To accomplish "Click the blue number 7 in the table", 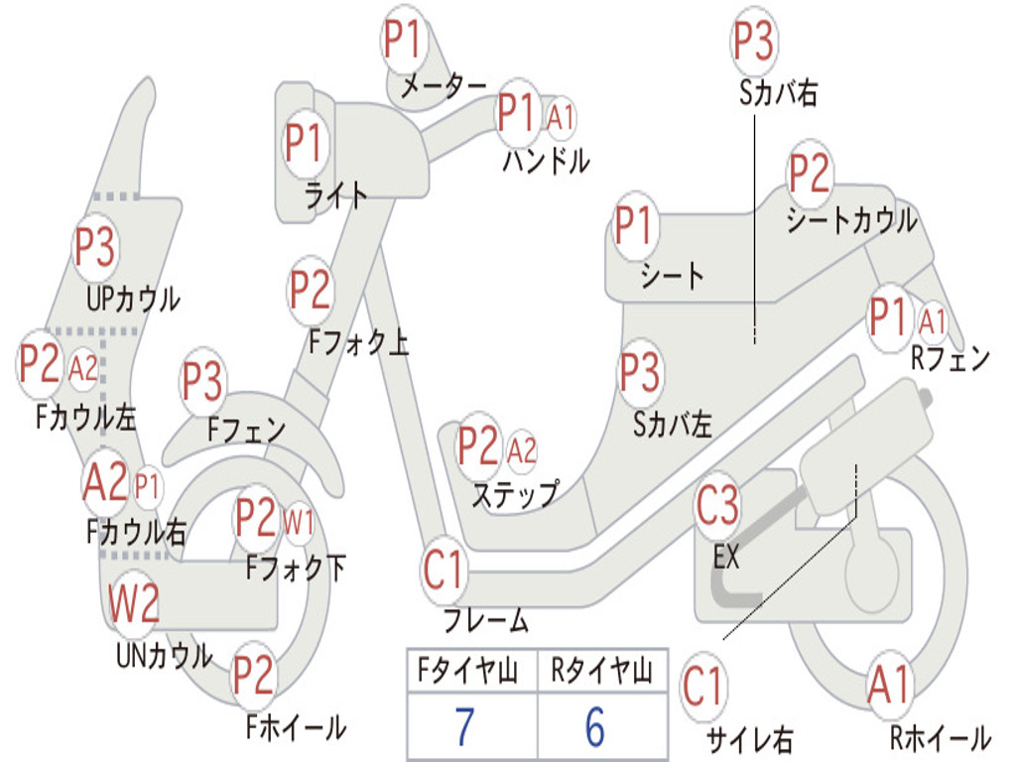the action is point(464,725).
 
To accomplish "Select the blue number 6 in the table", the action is point(595,725).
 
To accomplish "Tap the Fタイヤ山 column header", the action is point(468,670).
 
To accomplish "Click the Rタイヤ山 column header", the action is point(601,670).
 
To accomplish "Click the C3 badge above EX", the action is point(717,505).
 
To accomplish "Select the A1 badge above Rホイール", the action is point(890,685).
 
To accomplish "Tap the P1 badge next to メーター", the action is point(404,40).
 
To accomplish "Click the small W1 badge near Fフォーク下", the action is point(299,521).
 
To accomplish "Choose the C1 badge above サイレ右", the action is point(703,687).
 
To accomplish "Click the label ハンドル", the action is point(547,162).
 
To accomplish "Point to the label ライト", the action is point(335,195).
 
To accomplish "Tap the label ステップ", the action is point(515,494).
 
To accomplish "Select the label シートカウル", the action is point(850,220).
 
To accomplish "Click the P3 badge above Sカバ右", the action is point(754,41).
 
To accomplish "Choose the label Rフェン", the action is point(950,358).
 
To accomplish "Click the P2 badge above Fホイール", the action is point(254,675).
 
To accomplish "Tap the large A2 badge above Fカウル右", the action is point(105,482).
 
